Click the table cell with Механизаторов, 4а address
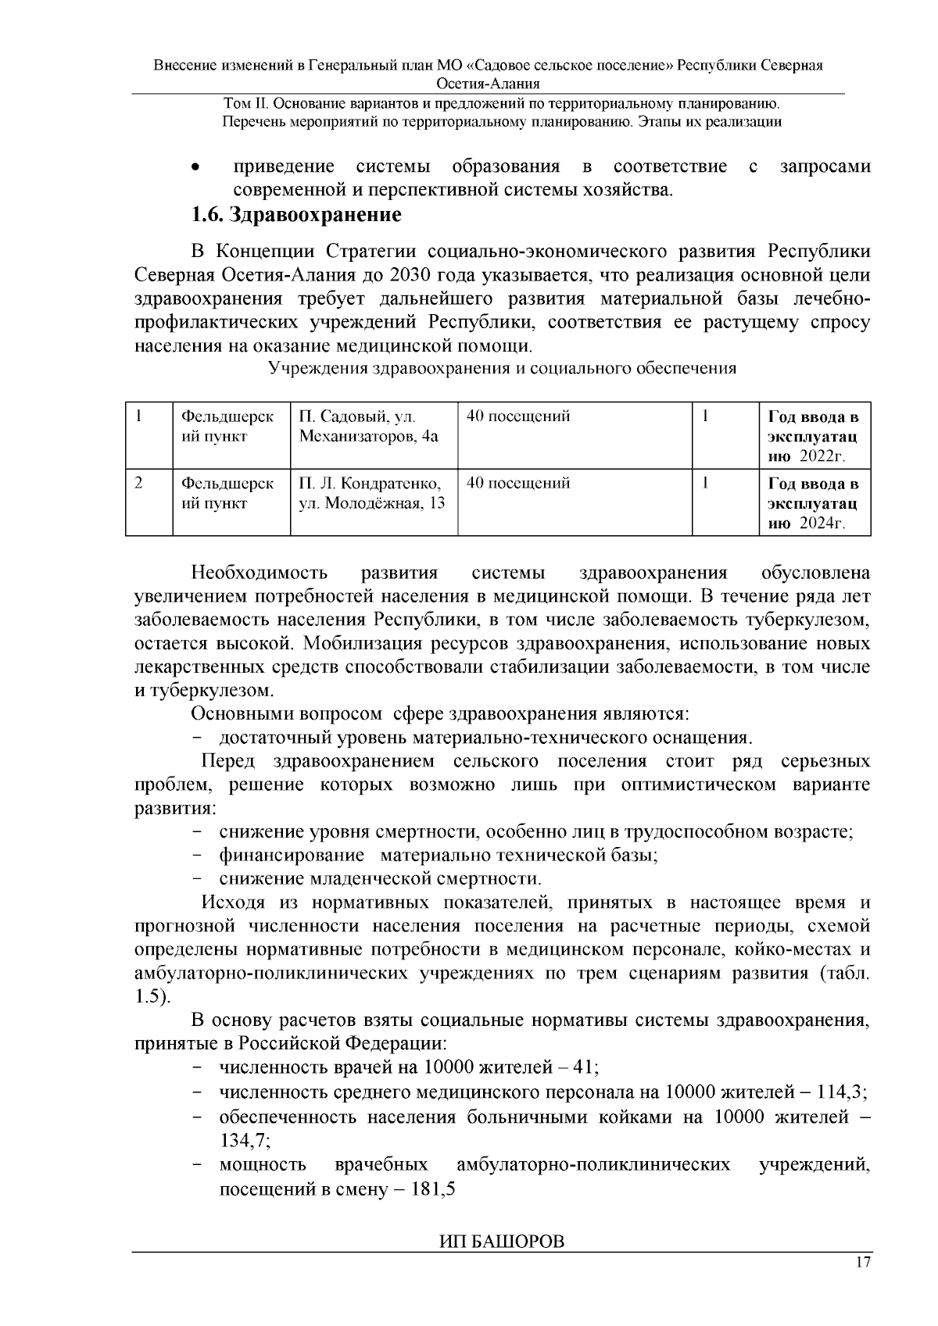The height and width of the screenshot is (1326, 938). [373, 427]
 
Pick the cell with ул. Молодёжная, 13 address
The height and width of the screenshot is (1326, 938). [373, 494]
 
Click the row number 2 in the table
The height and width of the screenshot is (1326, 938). [138, 483]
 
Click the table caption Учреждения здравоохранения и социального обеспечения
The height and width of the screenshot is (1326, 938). [502, 369]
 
